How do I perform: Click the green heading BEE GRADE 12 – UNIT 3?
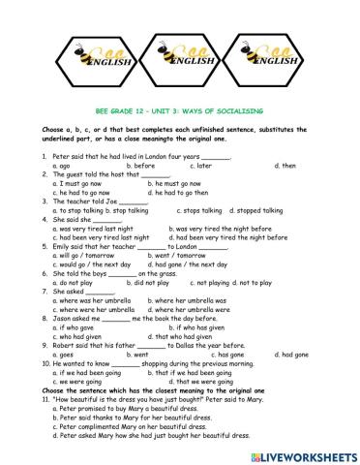[181, 112]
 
